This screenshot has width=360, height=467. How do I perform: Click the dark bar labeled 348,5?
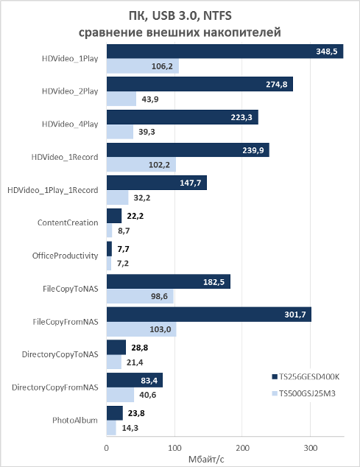(225, 52)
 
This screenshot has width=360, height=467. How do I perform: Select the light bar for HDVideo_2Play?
(121, 99)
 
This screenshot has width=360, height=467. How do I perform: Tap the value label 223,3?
(241, 117)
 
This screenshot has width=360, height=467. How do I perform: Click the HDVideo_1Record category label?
(65, 157)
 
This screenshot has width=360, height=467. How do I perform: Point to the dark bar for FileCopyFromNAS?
(209, 315)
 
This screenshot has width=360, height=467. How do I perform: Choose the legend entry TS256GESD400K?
(306, 376)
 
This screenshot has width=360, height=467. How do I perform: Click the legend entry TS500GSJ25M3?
(304, 393)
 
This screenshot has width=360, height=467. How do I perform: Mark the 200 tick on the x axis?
(242, 448)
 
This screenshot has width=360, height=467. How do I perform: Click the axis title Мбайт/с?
(206, 459)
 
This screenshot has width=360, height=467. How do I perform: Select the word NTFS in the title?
(217, 15)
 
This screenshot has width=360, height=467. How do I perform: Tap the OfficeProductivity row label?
(66, 256)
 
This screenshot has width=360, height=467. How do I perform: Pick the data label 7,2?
(123, 263)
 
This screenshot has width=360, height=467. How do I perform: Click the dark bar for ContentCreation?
(114, 216)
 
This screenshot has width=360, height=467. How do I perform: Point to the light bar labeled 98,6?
(141, 296)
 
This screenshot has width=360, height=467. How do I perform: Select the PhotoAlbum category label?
(75, 421)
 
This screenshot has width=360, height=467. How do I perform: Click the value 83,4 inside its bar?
(149, 380)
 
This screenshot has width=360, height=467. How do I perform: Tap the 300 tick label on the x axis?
(310, 448)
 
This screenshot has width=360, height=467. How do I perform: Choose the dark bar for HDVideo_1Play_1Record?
(157, 183)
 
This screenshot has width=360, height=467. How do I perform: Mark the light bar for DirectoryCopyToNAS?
(114, 362)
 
